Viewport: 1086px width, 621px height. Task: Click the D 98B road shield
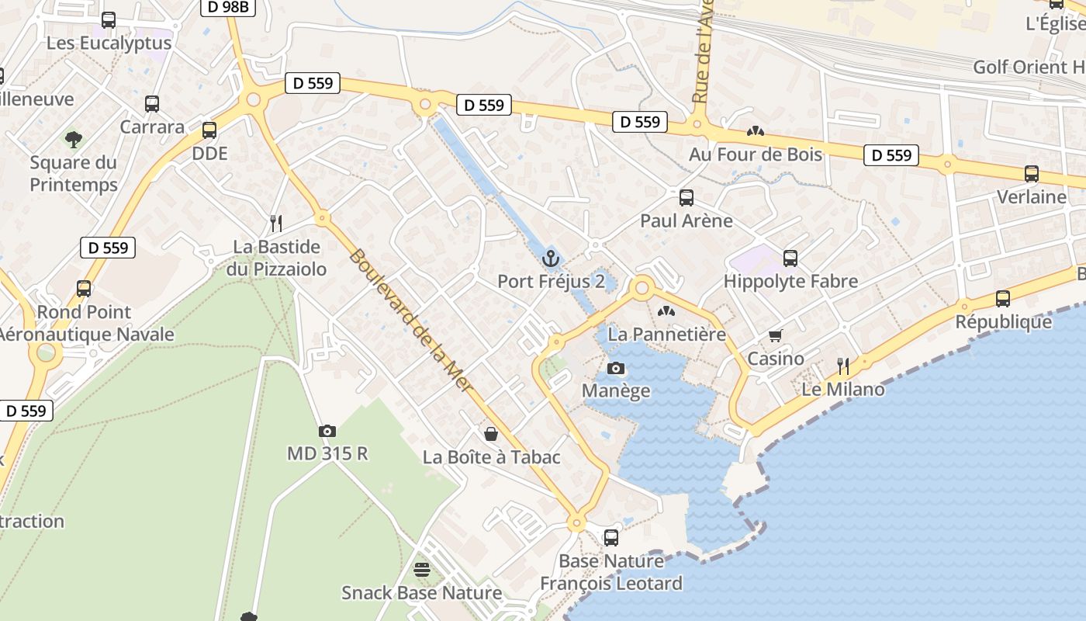228,7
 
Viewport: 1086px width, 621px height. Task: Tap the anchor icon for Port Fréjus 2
552,258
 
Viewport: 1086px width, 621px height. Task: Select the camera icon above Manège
616,368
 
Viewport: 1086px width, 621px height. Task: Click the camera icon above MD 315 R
327,431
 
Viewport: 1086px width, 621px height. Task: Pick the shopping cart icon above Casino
775,335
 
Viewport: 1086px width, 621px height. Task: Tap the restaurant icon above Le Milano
843,366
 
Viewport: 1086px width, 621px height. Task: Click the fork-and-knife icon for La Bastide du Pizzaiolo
276,224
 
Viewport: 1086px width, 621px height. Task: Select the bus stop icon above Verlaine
1031,174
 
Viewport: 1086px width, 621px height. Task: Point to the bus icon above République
1002,298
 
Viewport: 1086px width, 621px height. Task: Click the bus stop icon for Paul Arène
686,197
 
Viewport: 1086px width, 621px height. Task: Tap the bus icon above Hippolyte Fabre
790,258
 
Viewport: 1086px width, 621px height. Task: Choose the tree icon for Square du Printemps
74,140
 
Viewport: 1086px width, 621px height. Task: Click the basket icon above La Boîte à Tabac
491,433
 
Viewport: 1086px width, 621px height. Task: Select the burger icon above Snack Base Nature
421,570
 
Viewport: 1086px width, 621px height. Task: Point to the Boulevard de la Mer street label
411,320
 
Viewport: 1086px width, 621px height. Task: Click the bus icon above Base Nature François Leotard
611,537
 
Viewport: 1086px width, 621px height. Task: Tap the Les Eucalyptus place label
109,42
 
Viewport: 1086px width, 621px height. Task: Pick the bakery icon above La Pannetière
666,311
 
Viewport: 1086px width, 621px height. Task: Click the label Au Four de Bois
755,154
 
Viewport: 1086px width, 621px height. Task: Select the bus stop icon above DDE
209,130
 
